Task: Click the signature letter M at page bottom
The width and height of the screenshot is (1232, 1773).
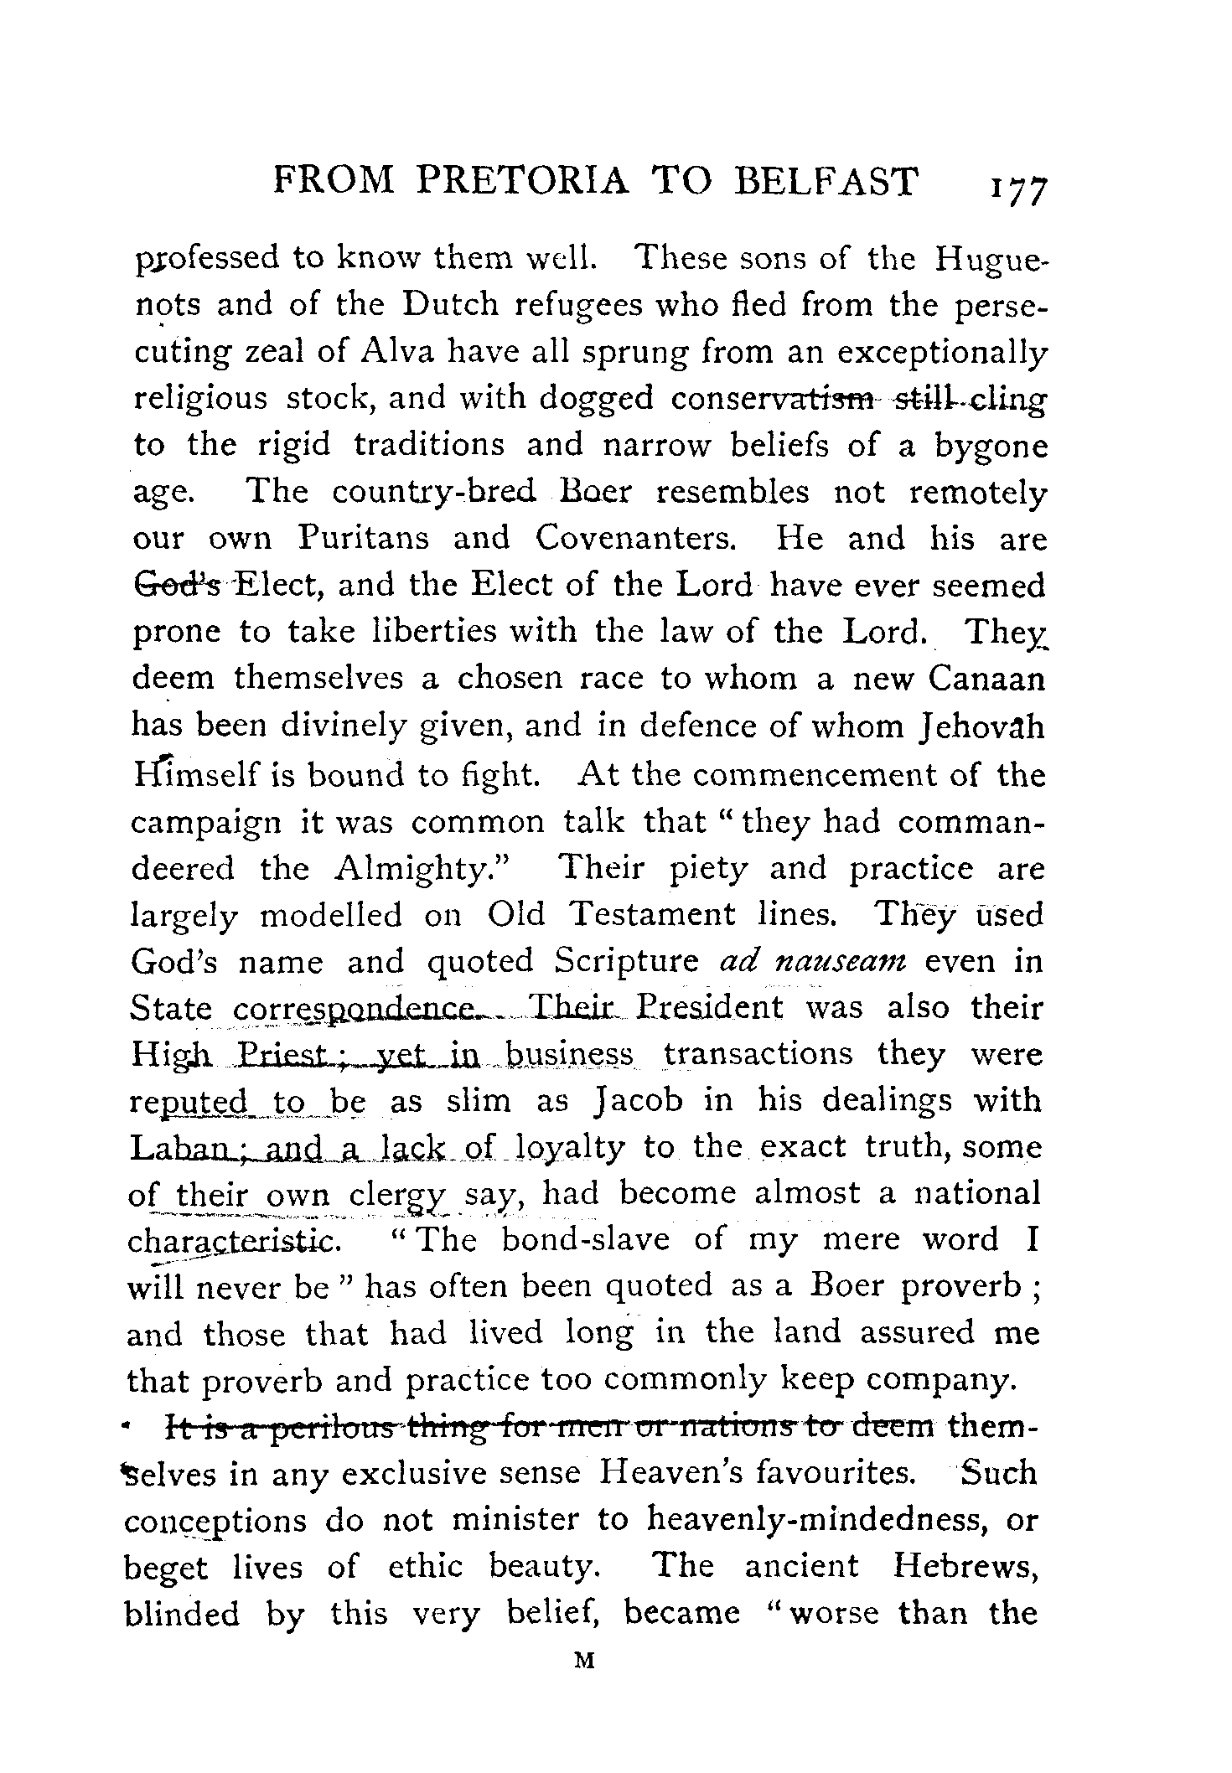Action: coord(586,1660)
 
